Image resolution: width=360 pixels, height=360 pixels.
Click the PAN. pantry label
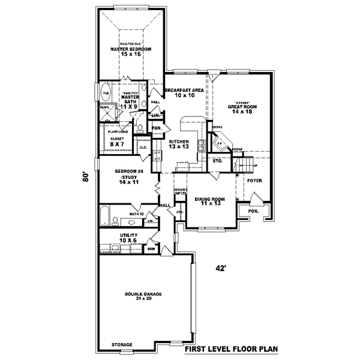157,128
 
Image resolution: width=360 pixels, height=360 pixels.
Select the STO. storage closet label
217,161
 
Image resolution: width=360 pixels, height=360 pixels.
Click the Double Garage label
142,296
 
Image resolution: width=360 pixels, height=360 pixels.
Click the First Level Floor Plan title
230,349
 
